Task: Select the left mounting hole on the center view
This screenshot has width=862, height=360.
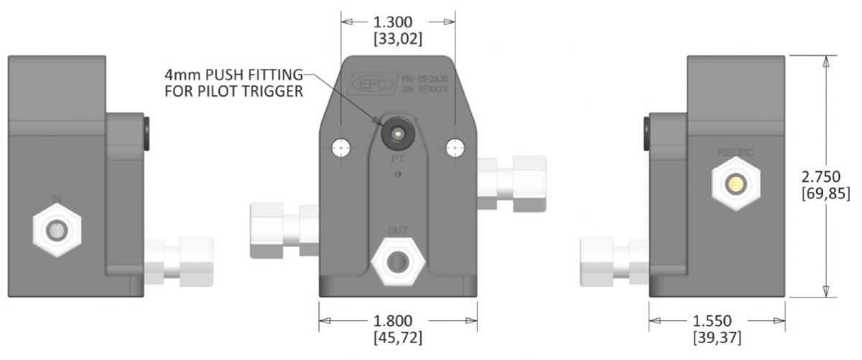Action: (x=341, y=148)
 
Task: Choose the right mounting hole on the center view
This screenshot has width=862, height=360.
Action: (x=454, y=147)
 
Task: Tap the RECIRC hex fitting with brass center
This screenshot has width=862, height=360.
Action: (x=734, y=184)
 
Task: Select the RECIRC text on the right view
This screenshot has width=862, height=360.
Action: (x=734, y=152)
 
